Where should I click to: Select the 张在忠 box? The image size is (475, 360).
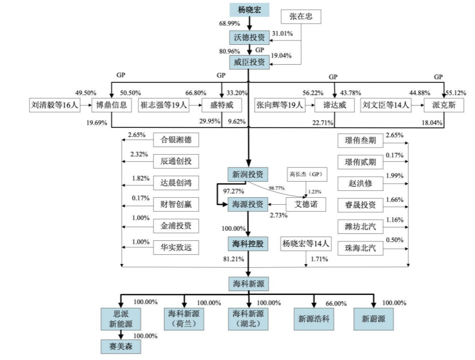[x=301, y=17]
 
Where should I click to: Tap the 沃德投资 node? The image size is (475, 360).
[x=249, y=37]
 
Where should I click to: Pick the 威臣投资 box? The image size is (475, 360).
[x=249, y=63]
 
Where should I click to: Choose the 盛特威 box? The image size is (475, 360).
[x=222, y=105]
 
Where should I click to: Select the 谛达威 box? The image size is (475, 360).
[x=334, y=105]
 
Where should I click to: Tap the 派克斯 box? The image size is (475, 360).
[x=444, y=105]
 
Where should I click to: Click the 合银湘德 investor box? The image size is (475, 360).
[x=176, y=141]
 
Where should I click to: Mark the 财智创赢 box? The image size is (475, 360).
[x=176, y=204]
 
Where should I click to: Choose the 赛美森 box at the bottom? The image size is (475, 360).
[x=121, y=345]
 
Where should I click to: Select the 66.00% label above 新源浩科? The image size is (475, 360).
[x=336, y=303]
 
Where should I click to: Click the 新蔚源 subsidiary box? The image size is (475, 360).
[x=373, y=319]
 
